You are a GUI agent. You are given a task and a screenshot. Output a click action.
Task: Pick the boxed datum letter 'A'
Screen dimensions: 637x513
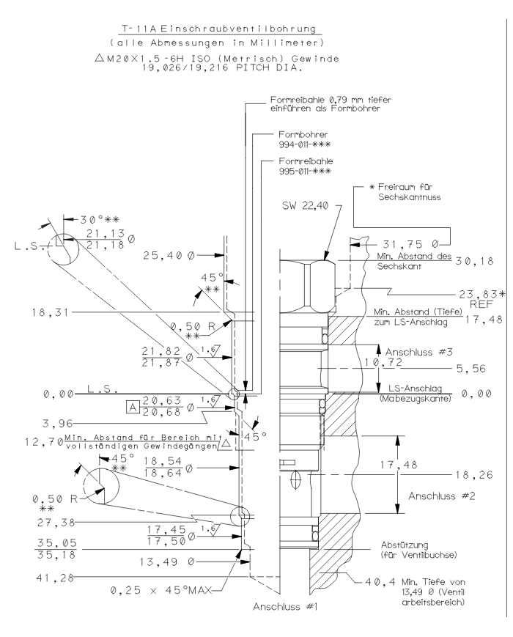pyautogui.click(x=133, y=404)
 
